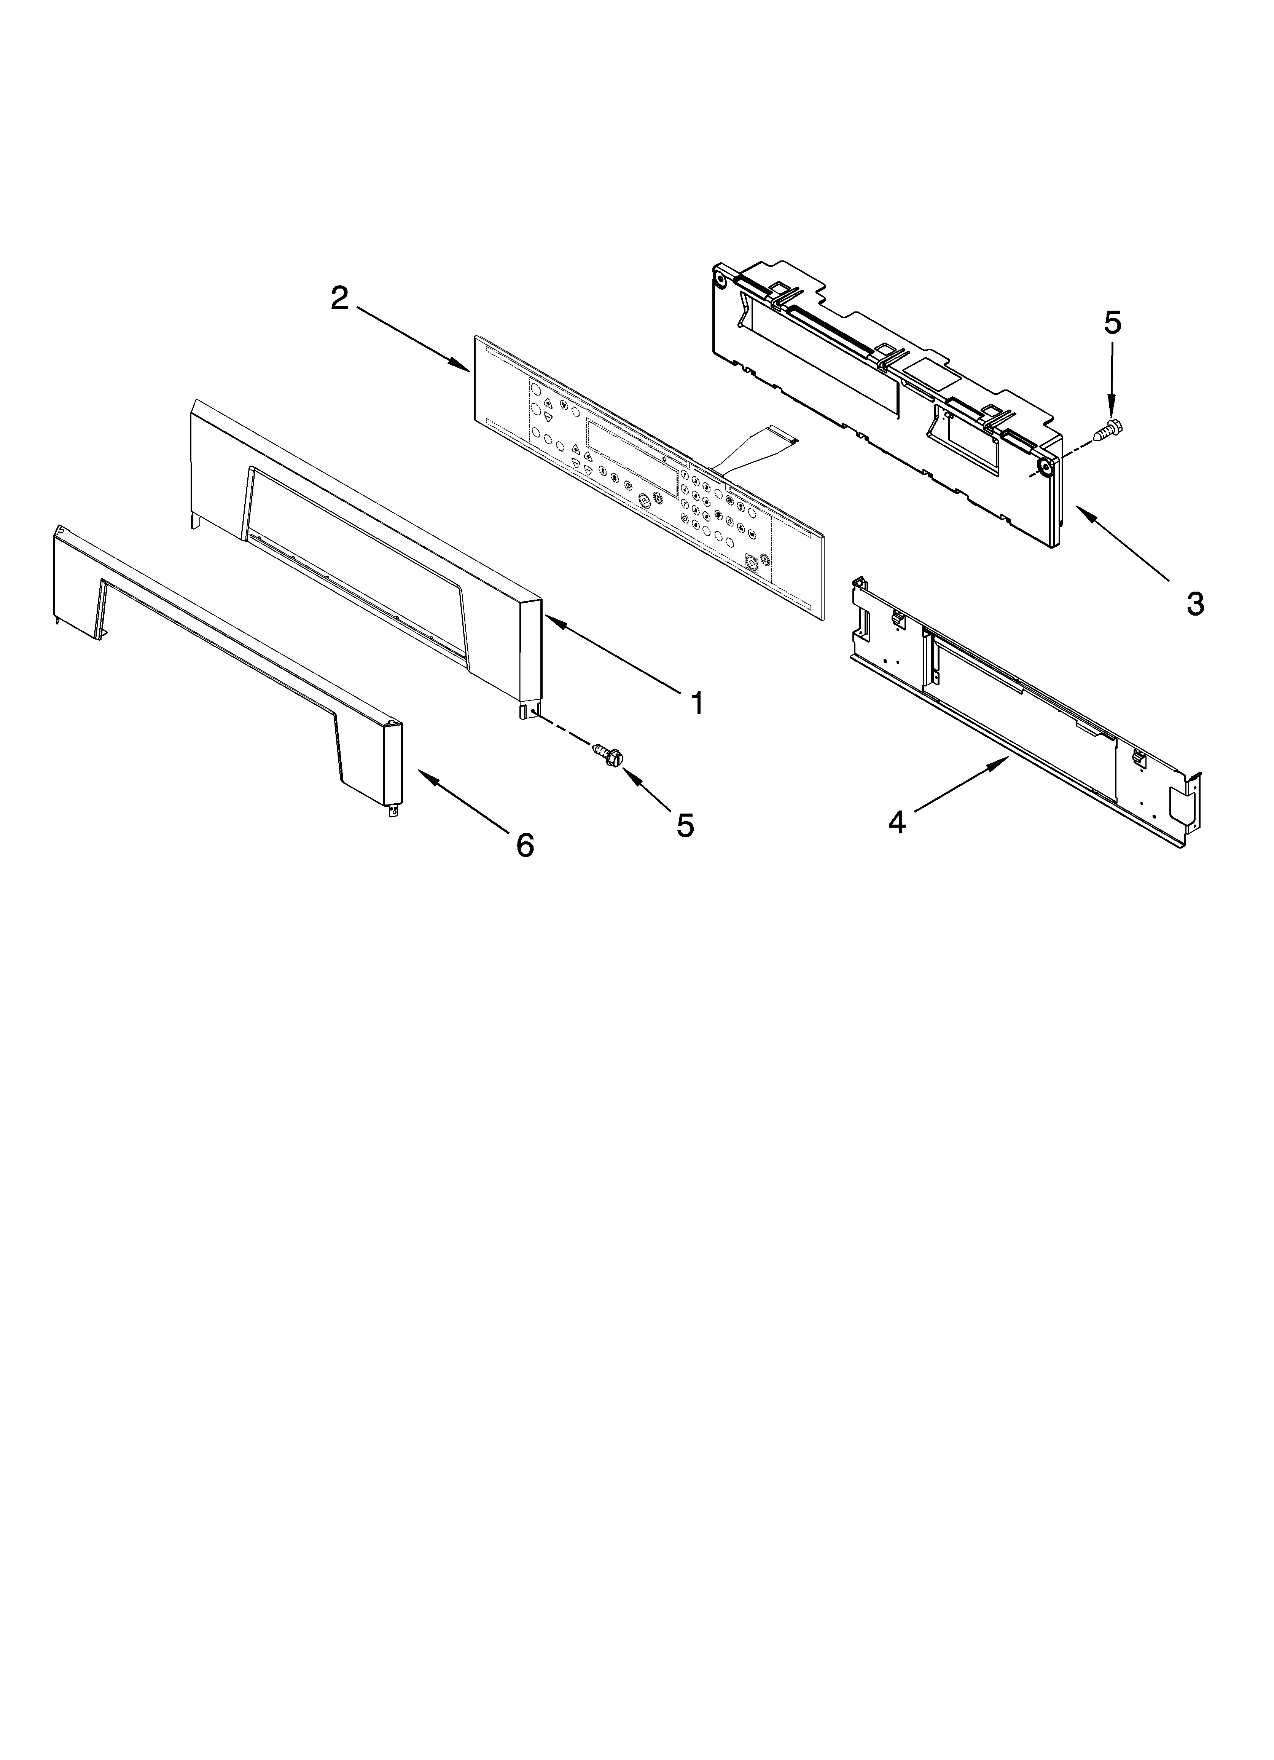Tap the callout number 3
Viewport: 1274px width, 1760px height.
click(x=1195, y=603)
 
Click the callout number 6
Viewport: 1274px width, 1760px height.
click(x=525, y=844)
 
